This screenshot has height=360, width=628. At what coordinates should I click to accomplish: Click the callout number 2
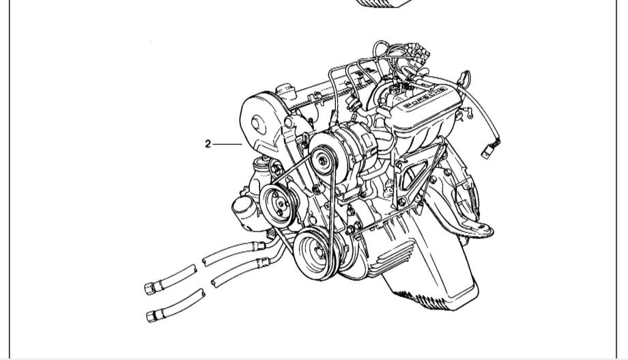click(x=208, y=144)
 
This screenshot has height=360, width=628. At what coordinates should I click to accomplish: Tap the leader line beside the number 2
click(x=227, y=144)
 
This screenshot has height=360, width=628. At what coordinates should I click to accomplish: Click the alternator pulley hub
click(x=323, y=160)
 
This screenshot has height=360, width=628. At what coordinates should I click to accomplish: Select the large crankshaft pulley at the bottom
click(x=315, y=253)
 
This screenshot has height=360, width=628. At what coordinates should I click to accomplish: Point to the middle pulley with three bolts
click(x=279, y=206)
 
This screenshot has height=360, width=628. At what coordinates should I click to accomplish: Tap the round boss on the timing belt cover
click(x=258, y=125)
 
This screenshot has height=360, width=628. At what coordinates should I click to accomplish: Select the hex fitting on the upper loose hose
click(x=149, y=288)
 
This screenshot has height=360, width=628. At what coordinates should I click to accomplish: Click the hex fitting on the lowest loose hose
click(x=152, y=316)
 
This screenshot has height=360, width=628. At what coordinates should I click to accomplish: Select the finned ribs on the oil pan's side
click(x=395, y=257)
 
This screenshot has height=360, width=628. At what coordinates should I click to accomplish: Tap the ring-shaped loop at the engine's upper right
click(x=465, y=77)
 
